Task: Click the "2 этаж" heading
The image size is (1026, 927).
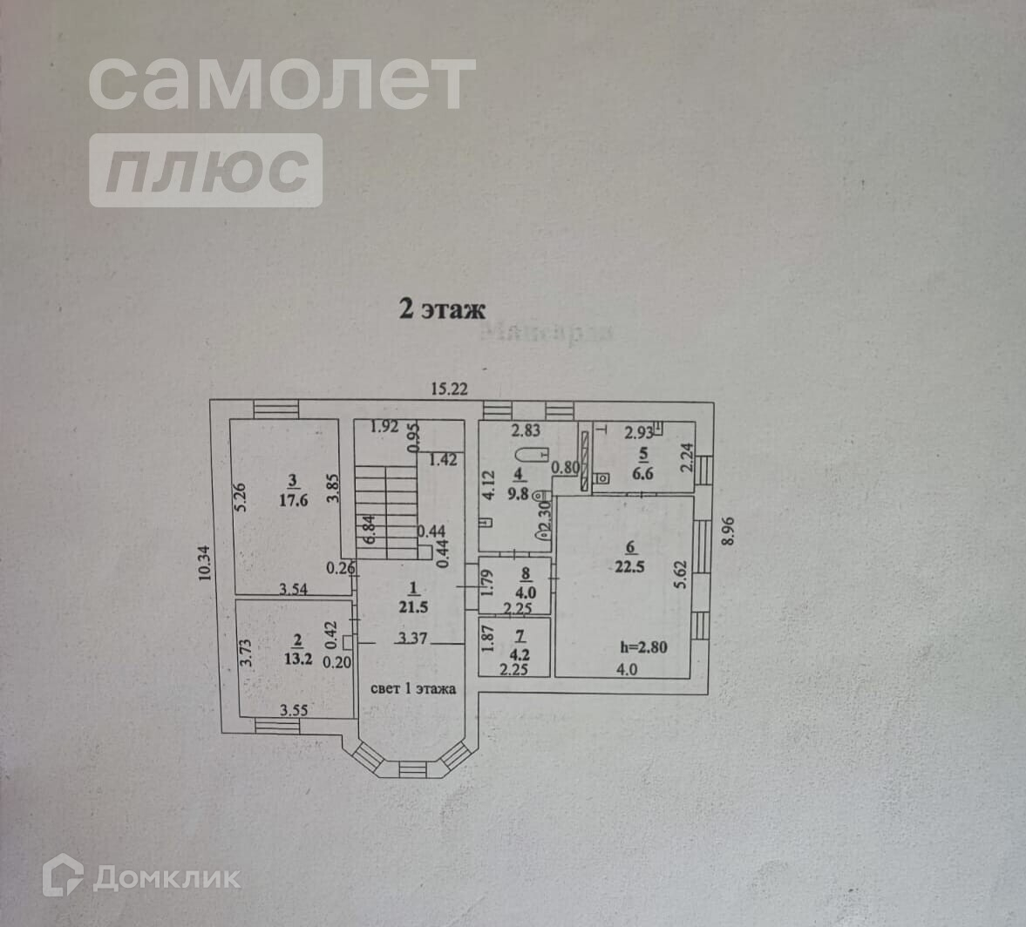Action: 441,309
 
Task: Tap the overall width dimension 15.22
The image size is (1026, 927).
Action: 450,389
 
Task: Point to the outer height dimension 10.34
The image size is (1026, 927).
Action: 204,563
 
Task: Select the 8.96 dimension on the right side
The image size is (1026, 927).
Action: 729,531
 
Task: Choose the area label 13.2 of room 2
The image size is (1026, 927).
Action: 297,659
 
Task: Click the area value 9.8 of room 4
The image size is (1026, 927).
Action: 519,494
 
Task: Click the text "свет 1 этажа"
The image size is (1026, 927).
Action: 413,688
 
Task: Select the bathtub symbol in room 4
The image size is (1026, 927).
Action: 529,453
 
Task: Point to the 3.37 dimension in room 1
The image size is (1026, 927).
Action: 411,639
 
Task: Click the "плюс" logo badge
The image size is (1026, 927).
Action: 206,171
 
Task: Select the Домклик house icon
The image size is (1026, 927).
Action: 63,876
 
